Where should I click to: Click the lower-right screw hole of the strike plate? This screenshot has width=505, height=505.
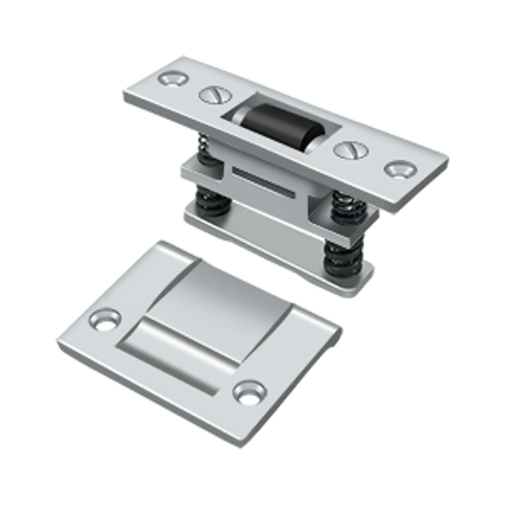click(250, 392)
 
